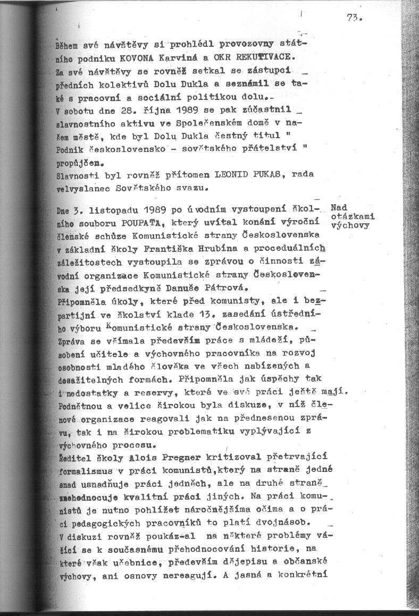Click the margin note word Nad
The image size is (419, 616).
[x=339, y=207]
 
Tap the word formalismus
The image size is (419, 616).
[x=86, y=471]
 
